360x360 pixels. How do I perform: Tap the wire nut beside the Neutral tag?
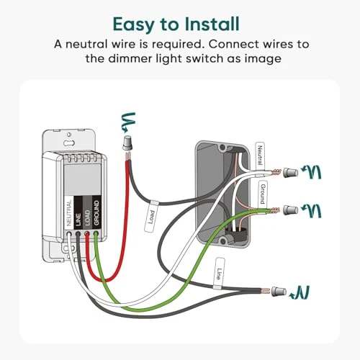click(x=292, y=174)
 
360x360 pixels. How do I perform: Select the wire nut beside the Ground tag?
click(x=292, y=210)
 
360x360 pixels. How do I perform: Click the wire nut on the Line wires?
click(x=280, y=292)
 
